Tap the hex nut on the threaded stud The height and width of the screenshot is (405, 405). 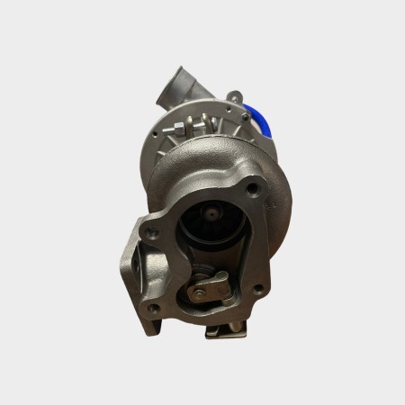[178, 127]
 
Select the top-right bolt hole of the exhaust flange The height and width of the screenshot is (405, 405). [253, 188]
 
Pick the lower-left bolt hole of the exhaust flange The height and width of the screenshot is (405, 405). [155, 308]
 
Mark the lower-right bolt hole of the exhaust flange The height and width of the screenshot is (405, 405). [256, 289]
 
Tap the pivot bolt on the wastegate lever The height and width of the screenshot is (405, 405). [198, 292]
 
